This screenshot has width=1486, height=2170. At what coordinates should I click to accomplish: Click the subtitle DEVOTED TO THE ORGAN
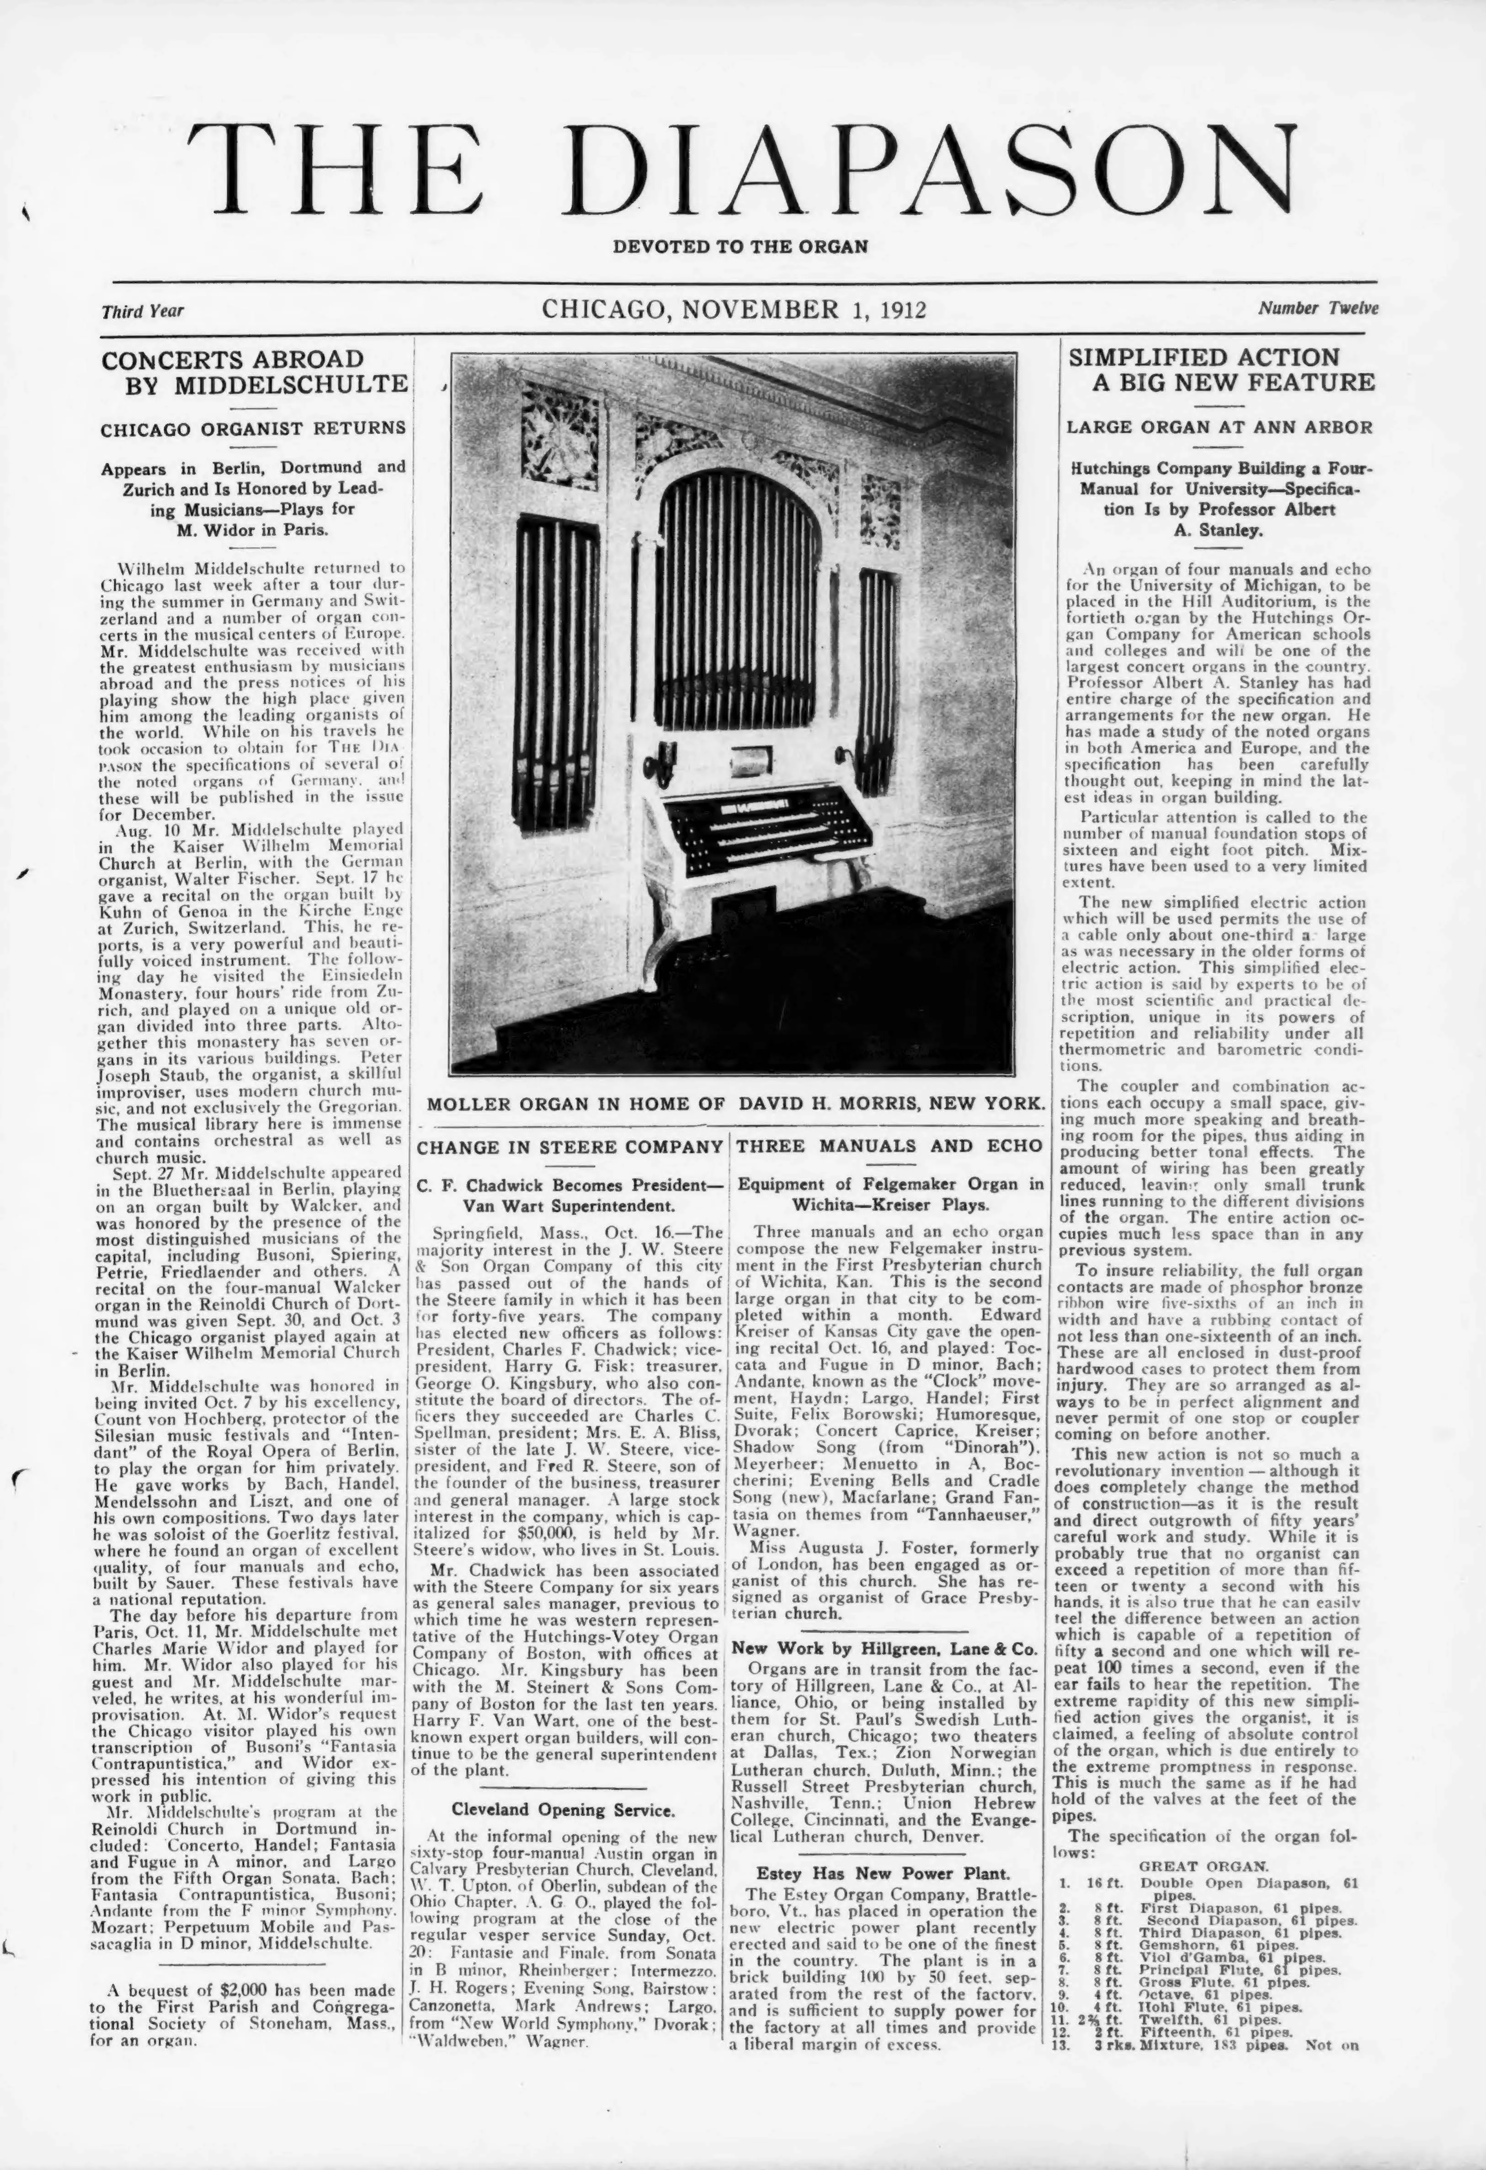click(x=740, y=247)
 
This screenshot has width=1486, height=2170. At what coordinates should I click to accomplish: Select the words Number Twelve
click(x=1317, y=308)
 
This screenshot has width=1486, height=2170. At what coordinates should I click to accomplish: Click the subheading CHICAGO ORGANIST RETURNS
click(x=254, y=429)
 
